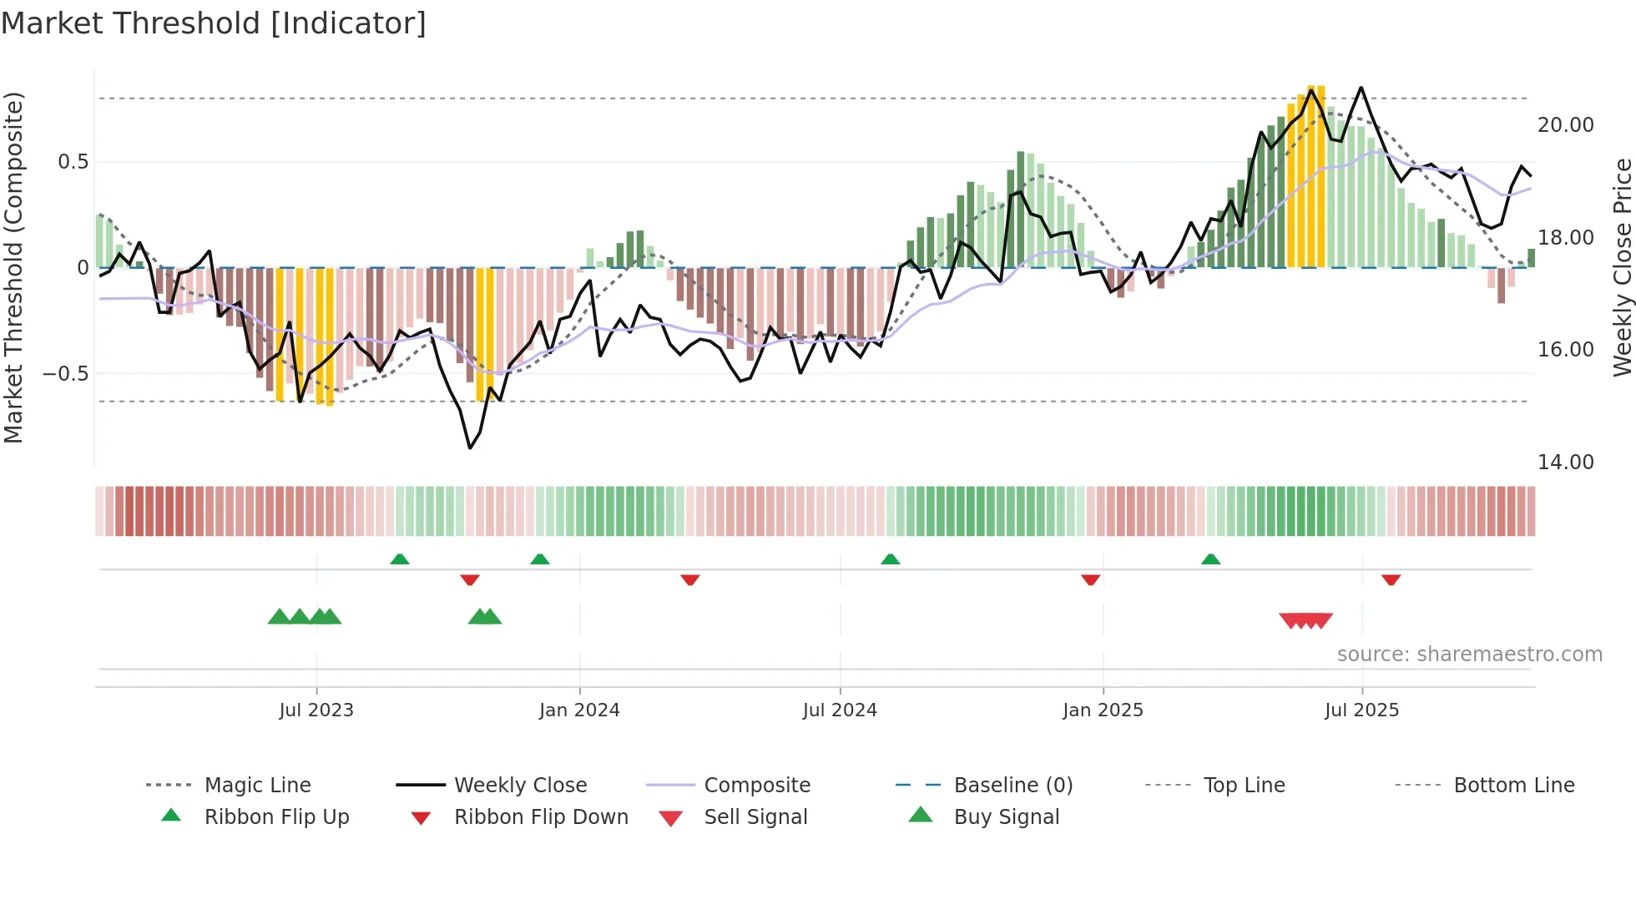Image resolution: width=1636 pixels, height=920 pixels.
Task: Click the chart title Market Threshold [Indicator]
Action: (214, 23)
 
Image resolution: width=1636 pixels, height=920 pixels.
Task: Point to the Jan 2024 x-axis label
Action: (579, 710)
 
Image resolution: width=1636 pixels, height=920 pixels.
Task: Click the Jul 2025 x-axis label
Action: (1361, 710)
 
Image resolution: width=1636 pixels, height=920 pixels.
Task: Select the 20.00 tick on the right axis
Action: (1565, 125)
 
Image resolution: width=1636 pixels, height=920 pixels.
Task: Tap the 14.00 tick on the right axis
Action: (1565, 463)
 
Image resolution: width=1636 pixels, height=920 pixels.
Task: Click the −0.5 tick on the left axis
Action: (65, 373)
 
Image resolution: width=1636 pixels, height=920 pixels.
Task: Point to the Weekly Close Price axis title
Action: (1622, 267)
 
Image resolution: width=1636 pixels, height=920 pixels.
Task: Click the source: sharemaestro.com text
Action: (1469, 655)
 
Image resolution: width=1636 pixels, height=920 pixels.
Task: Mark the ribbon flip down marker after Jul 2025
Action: (1391, 579)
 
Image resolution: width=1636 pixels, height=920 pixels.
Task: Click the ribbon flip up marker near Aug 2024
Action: (890, 559)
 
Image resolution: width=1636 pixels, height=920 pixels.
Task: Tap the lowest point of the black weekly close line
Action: (471, 448)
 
